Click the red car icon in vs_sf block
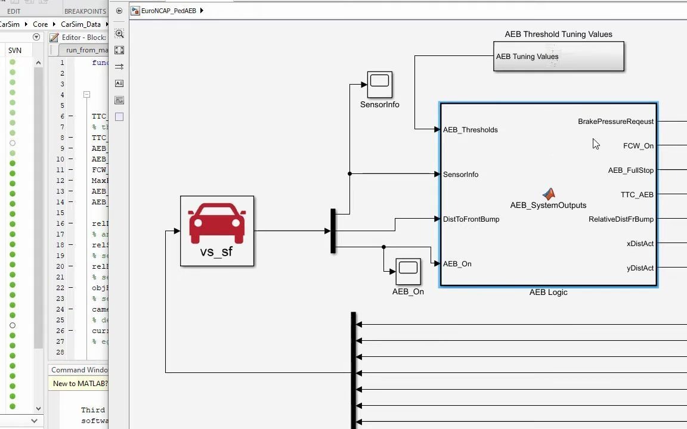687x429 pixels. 217,223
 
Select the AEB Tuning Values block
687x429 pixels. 558,57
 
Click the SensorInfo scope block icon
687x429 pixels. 379,85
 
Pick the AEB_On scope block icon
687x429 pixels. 408,272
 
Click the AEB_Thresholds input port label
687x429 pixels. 470,130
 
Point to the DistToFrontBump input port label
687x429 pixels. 471,219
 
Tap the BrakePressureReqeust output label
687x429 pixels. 615,122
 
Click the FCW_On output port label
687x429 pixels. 638,146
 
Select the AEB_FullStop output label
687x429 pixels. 630,170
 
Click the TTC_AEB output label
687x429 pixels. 636,195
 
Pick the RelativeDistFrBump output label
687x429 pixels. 621,219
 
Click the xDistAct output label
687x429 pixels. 640,244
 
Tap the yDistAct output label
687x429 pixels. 640,268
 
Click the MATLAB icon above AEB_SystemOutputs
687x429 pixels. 549,194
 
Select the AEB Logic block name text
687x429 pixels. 548,293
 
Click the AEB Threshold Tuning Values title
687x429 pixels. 558,35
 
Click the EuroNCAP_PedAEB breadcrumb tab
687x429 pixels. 168,11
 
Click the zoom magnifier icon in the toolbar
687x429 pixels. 119,34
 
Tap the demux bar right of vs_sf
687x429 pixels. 333,231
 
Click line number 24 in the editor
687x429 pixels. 60,309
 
